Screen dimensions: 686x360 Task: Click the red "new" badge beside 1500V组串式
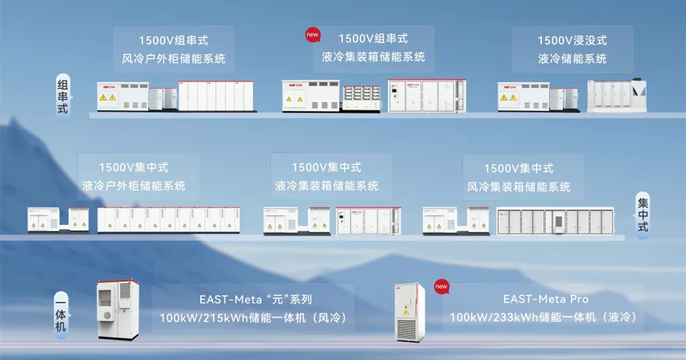312,35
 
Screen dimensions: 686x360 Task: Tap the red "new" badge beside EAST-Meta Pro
441,286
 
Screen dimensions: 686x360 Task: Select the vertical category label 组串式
63,97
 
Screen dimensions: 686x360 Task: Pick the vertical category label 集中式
642,215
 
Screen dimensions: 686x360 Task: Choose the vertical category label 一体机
61,314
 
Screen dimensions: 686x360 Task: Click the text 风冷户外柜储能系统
174,59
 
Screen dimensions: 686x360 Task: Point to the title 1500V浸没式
572,40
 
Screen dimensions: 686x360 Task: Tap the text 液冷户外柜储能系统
134,186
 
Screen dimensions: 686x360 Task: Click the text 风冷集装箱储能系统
518,187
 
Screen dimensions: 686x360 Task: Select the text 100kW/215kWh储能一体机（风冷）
253,317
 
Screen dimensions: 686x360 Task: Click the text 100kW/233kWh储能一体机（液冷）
543,317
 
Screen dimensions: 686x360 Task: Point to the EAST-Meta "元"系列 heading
256,300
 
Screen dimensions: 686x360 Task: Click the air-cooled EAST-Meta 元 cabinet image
118,310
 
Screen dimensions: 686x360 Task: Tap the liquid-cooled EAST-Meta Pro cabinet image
409,312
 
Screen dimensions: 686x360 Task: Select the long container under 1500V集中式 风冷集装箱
556,221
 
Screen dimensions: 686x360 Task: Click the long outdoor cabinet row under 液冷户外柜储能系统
168,219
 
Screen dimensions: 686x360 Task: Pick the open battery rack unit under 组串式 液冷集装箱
361,97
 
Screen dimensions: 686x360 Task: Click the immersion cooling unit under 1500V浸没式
617,95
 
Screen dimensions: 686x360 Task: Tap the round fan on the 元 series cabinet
107,316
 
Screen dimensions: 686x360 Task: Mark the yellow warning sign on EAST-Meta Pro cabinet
406,312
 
